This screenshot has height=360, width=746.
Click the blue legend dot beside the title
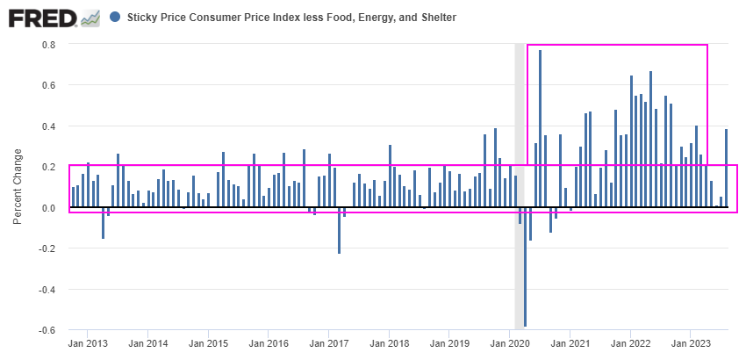(x=116, y=17)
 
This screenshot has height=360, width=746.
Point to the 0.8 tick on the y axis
(x=49, y=45)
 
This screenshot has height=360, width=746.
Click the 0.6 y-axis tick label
(x=49, y=85)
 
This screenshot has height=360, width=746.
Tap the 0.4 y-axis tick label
(x=49, y=126)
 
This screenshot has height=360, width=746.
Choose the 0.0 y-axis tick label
(x=49, y=208)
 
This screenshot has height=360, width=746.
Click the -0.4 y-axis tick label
(x=47, y=290)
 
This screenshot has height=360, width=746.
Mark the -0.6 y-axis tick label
(x=47, y=330)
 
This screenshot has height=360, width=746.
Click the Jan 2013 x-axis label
(x=88, y=343)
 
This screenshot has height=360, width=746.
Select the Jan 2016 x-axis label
(x=269, y=343)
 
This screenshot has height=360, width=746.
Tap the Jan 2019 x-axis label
(x=449, y=343)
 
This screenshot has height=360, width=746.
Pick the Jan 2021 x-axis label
(x=570, y=343)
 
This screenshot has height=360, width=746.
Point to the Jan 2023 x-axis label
(x=691, y=343)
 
